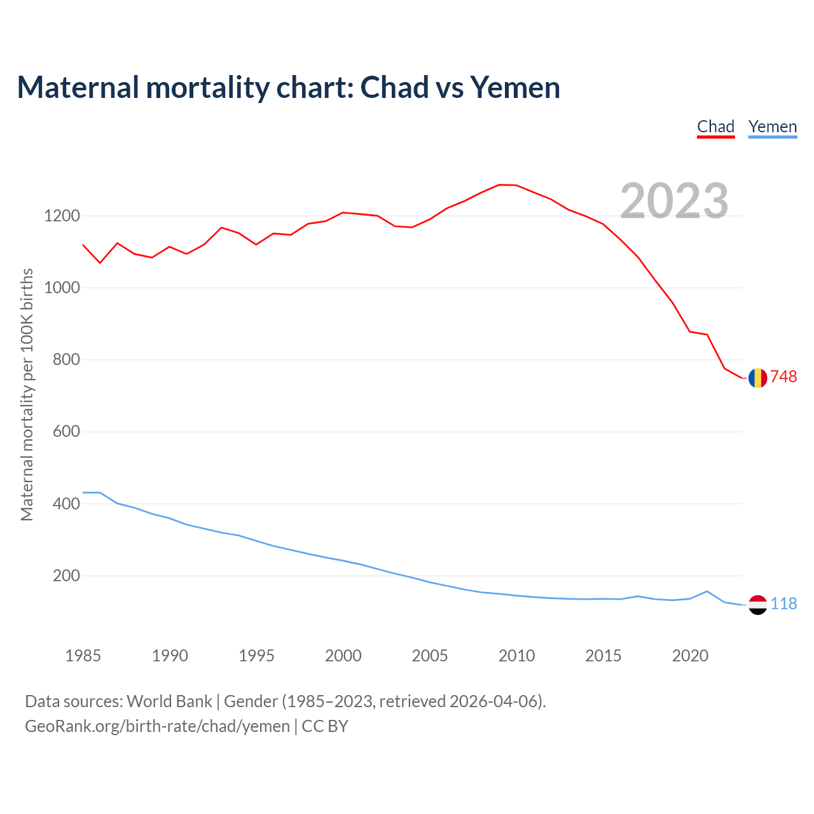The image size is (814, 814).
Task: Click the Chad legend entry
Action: pos(715,127)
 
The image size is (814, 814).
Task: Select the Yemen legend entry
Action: pos(772,127)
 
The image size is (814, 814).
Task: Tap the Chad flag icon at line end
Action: pos(757,378)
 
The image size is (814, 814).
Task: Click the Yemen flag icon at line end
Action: pos(757,604)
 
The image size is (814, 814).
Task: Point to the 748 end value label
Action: pos(783,377)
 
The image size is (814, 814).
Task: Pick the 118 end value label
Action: pos(783,604)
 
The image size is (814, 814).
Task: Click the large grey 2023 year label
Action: pos(674,201)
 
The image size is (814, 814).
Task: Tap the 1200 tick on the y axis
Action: pos(62,216)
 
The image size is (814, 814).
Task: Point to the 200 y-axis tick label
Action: pos(67,576)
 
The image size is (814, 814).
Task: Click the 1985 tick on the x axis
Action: pos(83,656)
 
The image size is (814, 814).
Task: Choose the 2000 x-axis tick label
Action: pos(343,656)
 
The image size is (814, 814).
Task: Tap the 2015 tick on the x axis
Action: pos(603,656)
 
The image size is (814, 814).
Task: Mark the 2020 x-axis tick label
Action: pos(690,656)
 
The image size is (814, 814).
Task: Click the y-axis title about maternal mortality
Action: pos(27,394)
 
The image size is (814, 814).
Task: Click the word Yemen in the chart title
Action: pos(515,87)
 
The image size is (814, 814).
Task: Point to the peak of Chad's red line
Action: pos(499,184)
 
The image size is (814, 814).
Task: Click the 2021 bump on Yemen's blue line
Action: pos(707,591)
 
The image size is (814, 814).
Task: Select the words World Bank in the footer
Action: pos(169,701)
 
